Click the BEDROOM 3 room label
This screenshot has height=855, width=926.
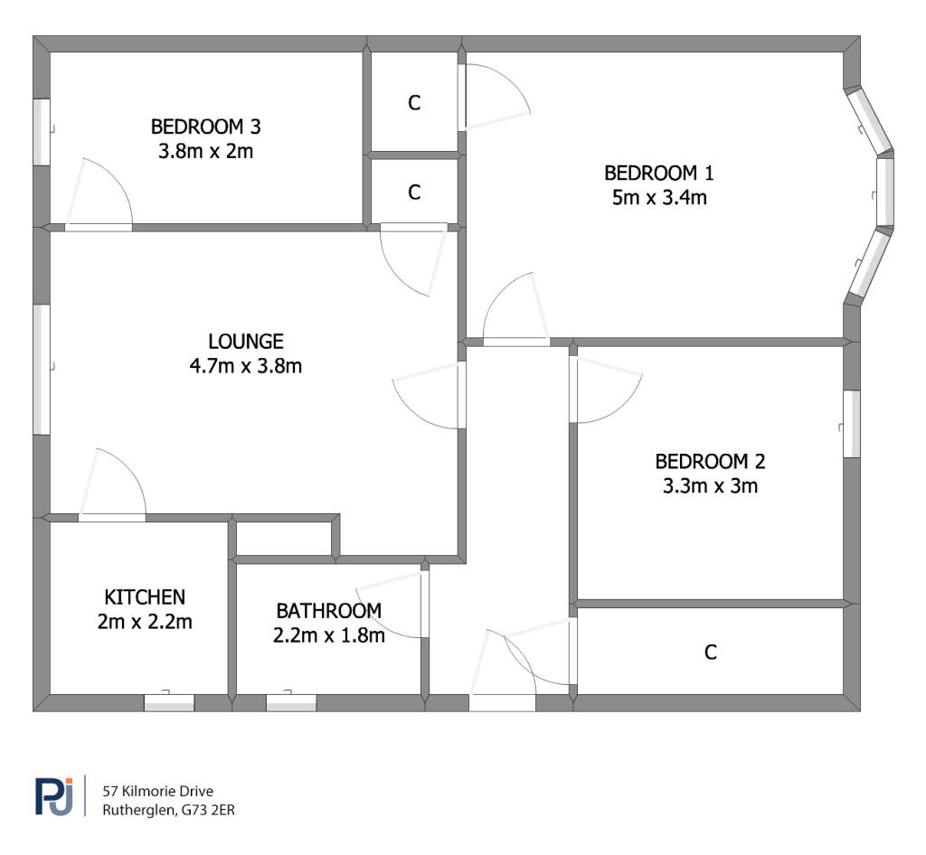[205, 127]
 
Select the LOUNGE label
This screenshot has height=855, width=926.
[245, 342]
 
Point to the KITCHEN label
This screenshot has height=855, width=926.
[145, 597]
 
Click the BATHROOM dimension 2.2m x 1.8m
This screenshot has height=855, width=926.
[328, 635]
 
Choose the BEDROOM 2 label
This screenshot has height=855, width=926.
[710, 462]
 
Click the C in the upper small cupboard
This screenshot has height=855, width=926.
[414, 103]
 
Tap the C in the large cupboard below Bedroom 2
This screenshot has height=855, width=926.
[711, 652]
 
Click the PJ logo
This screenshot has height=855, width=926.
[53, 795]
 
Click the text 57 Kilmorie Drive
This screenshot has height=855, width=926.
[158, 792]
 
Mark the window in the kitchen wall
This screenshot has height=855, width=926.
[169, 702]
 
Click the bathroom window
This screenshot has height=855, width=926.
[291, 702]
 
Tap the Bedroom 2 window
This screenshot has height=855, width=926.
[851, 424]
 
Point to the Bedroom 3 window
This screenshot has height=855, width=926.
[41, 132]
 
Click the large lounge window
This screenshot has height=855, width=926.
[41, 370]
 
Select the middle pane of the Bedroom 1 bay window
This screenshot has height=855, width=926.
[884, 192]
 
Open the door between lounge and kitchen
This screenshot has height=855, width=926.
[111, 517]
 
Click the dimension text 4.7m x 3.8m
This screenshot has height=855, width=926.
[245, 366]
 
